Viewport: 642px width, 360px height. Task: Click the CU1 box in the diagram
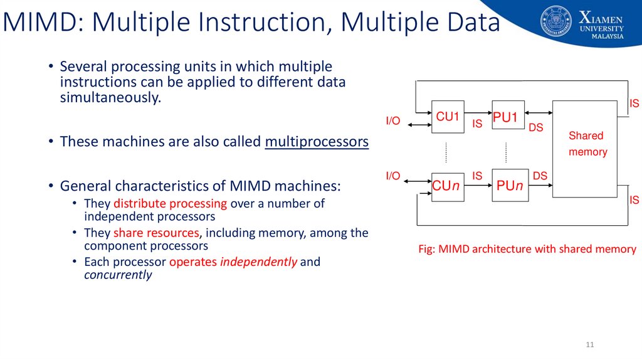448,117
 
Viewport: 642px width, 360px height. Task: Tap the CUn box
448,186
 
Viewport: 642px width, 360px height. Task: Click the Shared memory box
585,149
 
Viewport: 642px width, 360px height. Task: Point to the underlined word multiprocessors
317,142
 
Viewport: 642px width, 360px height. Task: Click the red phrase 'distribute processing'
170,203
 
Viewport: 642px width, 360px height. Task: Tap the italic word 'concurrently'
118,275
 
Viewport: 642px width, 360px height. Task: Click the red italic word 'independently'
258,262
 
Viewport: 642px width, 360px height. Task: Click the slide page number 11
589,345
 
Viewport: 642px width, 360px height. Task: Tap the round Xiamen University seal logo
555,22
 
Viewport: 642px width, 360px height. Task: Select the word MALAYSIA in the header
608,36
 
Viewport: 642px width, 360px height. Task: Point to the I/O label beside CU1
392,121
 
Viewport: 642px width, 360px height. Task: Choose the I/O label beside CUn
392,176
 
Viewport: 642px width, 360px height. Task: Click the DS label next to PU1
535,128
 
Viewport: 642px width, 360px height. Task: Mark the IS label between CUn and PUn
477,176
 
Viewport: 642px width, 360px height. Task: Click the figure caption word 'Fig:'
426,249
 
